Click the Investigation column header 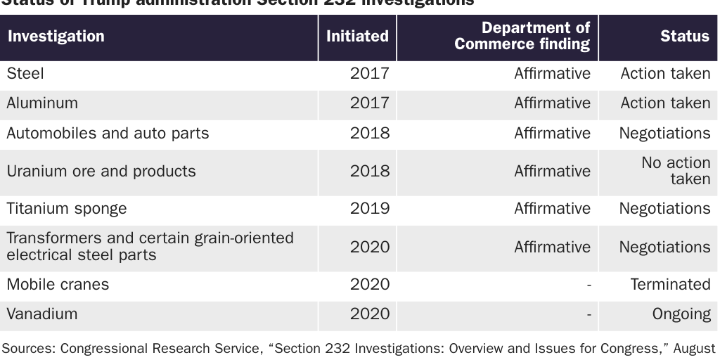56,37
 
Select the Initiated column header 357,37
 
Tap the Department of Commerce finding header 522,37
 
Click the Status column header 684,37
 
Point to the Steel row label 25,73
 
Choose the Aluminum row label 42,103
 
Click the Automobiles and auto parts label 108,134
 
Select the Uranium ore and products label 101,172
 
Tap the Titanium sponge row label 67,209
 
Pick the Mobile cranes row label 58,285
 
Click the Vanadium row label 41,314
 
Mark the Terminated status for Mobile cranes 670,285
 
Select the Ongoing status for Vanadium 681,314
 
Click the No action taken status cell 676,172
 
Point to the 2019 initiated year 369,209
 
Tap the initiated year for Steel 369,73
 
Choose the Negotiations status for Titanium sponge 664,209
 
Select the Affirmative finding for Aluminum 552,103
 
